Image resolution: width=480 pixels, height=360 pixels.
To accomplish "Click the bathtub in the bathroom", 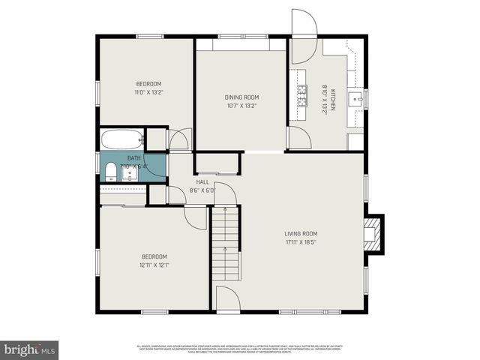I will coord(123,139).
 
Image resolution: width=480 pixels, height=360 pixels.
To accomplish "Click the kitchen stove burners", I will coord(303,96).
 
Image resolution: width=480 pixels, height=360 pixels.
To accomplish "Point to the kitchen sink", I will coord(361,97).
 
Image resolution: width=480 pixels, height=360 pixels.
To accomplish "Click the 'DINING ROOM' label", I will coord(241,97).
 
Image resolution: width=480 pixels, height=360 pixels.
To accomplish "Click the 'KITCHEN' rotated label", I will coord(332,97).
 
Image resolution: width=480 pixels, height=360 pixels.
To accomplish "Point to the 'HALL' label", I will coord(202,182).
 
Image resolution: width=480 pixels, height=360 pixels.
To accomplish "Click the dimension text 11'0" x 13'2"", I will coord(148,93).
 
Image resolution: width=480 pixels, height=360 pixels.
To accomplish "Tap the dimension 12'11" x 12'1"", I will coord(154,264).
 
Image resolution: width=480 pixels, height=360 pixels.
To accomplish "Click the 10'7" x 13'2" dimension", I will coord(241,106).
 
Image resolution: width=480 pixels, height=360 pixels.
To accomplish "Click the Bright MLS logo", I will coord(30,349).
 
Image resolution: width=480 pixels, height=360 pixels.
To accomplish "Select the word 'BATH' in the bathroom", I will coord(133,158).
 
